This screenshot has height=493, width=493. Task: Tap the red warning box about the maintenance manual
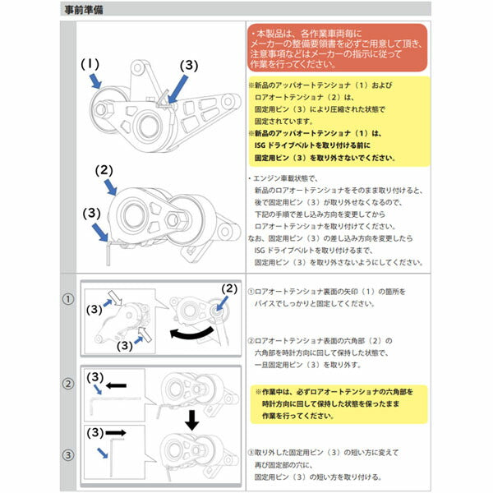(x=337, y=48)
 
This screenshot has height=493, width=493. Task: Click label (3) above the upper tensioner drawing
(x=188, y=63)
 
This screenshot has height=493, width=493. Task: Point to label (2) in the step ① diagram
(x=229, y=288)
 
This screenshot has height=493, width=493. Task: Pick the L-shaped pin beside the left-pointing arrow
(x=99, y=406)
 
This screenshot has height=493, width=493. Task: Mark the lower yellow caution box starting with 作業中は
(x=338, y=404)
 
